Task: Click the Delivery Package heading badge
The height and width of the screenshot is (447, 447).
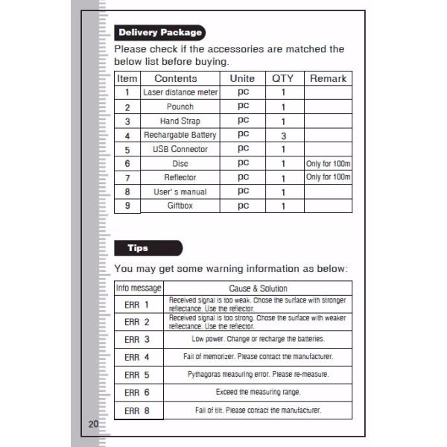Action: coord(159,33)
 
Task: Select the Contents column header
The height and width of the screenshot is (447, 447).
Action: coord(176,78)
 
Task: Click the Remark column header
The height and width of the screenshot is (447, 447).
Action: coord(328,78)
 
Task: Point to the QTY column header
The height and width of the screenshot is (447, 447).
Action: coord(283,78)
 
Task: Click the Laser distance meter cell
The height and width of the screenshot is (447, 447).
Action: coord(180,92)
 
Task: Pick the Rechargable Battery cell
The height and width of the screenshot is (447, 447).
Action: coord(180,135)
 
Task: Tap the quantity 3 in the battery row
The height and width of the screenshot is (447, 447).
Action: coord(284,136)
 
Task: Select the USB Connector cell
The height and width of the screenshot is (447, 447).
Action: coord(180,149)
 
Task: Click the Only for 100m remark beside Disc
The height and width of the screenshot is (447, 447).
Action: coord(328,163)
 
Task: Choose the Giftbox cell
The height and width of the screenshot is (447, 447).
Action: coord(180,206)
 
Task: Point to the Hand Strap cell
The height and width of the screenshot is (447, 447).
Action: coord(180,121)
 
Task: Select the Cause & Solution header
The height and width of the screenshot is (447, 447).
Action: coord(257,288)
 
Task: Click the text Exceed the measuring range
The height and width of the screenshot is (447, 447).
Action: coord(258,392)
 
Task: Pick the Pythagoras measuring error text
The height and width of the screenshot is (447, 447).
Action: coord(258,374)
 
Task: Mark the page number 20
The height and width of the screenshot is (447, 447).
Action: coord(93,424)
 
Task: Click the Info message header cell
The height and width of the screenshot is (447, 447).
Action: coord(139,288)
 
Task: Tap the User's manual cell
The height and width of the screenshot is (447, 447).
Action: coord(180,191)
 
